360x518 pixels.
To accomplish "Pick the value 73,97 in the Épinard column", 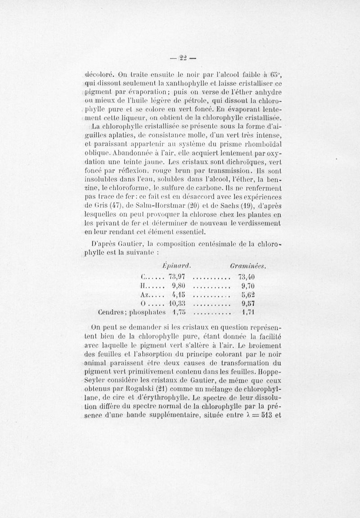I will [x=180, y=276].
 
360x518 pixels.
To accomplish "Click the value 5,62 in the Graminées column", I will [x=249, y=295].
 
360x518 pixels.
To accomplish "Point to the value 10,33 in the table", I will [x=178, y=304].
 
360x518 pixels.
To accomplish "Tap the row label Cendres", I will [x=111, y=313].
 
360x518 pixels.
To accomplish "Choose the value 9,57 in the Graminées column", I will [x=249, y=304].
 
